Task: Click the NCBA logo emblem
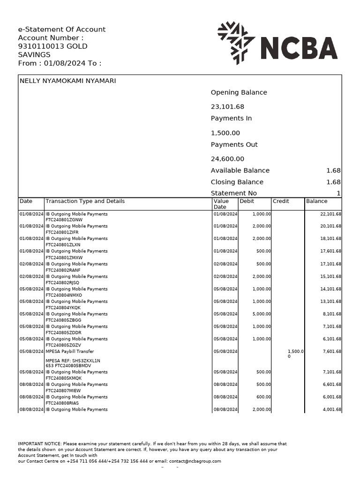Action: (236, 43)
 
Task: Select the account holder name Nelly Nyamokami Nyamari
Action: (67, 81)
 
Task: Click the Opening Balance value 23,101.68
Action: (227, 107)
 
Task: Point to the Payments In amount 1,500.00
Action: (225, 133)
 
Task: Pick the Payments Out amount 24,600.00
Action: (227, 159)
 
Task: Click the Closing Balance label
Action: (237, 182)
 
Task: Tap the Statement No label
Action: (233, 193)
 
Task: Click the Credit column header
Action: (281, 201)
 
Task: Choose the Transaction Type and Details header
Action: (85, 201)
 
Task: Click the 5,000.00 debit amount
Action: (262, 314)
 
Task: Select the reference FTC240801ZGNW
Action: (64, 220)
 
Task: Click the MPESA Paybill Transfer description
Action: (69, 352)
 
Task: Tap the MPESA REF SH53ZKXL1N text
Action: (73, 360)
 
